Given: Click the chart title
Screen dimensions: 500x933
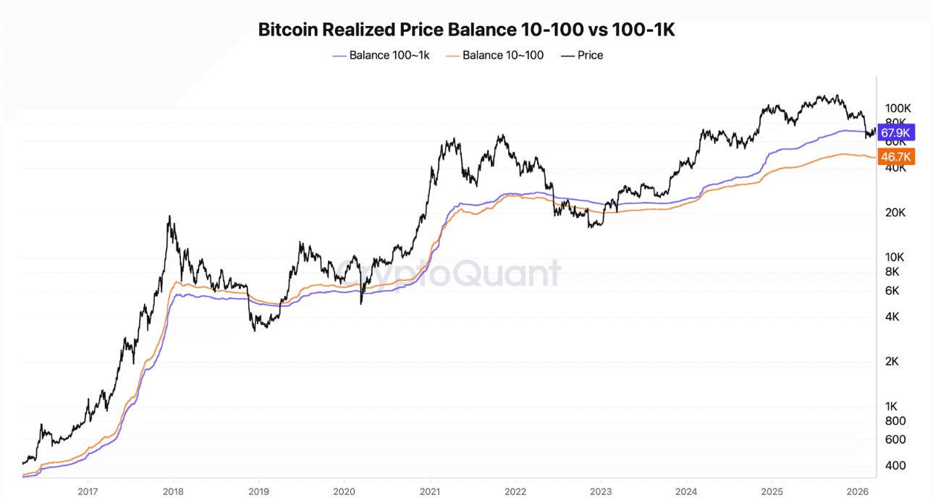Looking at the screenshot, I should [467, 30].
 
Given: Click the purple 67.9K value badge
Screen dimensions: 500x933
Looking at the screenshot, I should [896, 132].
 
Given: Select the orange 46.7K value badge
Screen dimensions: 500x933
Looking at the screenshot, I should [896, 156].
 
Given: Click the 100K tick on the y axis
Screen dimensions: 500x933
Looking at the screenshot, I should [897, 108].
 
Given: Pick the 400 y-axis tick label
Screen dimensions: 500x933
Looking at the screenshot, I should [894, 465].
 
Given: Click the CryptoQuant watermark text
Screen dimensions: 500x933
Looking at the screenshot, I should [449, 274].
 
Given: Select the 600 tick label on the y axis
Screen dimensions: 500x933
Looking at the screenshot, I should [894, 439].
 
